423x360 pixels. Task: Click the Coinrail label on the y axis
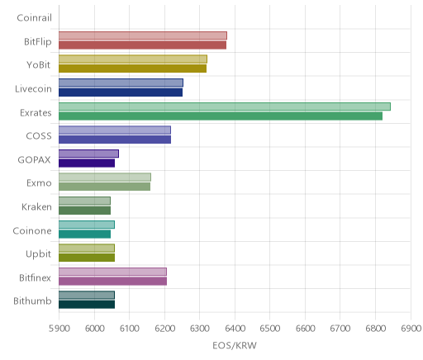tap(34, 18)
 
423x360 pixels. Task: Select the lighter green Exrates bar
tap(225, 107)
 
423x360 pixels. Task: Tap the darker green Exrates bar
tap(221, 116)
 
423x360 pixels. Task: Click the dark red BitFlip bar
tap(142, 45)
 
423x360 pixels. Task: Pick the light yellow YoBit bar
tap(133, 59)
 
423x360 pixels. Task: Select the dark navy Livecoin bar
tap(121, 92)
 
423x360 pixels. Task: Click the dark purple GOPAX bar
tap(87, 163)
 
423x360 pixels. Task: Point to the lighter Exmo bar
tap(105, 178)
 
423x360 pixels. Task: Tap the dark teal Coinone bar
tap(84, 234)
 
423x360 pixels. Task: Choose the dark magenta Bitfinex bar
tap(112, 282)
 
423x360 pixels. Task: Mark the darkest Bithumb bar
tap(87, 305)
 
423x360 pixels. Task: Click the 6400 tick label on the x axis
tap(235, 329)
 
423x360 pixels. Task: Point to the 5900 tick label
tap(59, 329)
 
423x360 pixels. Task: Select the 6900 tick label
tap(411, 329)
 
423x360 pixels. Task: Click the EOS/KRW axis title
tap(235, 345)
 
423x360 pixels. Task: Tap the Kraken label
tap(36, 207)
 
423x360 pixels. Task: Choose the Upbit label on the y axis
tap(38, 254)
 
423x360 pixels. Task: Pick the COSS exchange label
tap(39, 136)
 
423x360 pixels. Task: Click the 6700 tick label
tap(340, 329)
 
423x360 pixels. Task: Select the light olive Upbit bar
tap(87, 249)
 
